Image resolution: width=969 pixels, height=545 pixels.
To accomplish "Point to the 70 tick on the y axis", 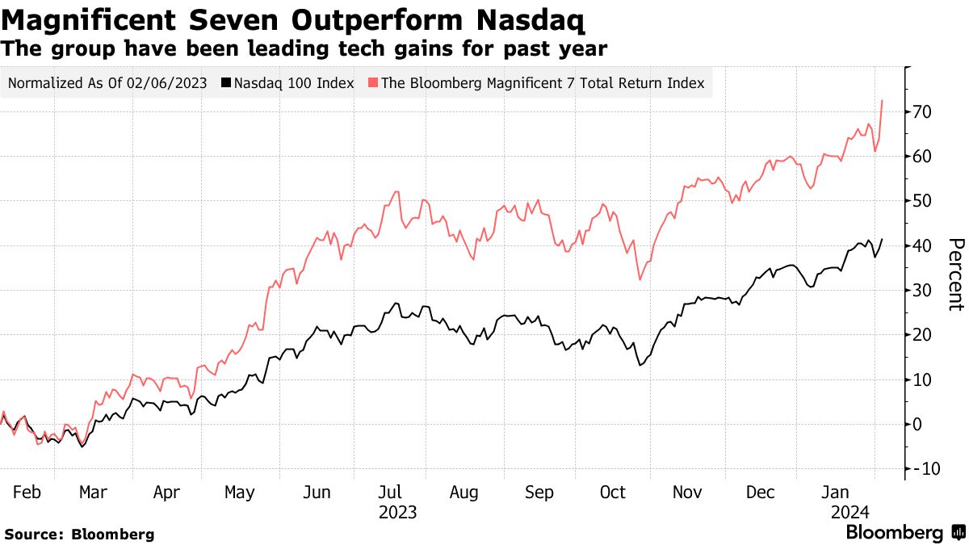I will click(922, 111).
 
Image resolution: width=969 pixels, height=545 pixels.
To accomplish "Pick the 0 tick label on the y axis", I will click(918, 424).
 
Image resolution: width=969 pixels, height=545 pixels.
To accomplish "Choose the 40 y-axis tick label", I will click(922, 245).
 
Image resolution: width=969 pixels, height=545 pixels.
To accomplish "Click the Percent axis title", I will click(955, 275).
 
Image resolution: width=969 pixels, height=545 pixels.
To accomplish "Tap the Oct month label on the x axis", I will click(614, 492).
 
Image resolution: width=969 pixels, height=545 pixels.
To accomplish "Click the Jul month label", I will click(392, 492).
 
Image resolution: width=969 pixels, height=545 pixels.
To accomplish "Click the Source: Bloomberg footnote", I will click(79, 534).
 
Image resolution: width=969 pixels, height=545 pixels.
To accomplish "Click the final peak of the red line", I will click(882, 100).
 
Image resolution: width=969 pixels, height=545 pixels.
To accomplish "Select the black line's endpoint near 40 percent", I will click(882, 239).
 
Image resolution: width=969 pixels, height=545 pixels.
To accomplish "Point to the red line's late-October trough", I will click(640, 280).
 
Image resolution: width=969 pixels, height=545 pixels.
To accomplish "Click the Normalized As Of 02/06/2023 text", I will click(108, 82).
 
